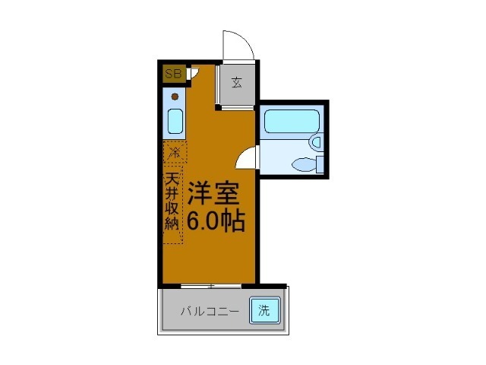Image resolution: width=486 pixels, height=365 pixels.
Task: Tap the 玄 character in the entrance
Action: click(236, 83)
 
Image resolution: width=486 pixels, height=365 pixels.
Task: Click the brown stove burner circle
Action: click(175, 97)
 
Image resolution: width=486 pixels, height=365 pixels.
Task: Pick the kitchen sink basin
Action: click(175, 121)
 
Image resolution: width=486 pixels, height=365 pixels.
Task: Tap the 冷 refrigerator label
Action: click(175, 152)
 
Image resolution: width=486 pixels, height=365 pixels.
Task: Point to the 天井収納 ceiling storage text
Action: click(174, 203)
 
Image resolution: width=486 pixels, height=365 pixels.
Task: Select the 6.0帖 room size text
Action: click(216, 221)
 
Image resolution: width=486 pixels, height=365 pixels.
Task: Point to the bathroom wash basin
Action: click(317, 141)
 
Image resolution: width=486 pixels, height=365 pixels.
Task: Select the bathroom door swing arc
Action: click(246, 158)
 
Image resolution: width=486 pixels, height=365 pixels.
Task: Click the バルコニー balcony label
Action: click(210, 310)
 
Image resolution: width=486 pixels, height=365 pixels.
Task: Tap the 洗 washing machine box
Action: click(264, 309)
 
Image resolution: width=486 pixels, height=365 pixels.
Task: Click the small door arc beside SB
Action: click(194, 73)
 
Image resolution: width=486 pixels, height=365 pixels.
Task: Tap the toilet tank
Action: click(320, 163)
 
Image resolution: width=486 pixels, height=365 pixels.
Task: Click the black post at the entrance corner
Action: click(218, 107)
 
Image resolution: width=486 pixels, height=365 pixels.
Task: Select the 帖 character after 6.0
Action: click(233, 221)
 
